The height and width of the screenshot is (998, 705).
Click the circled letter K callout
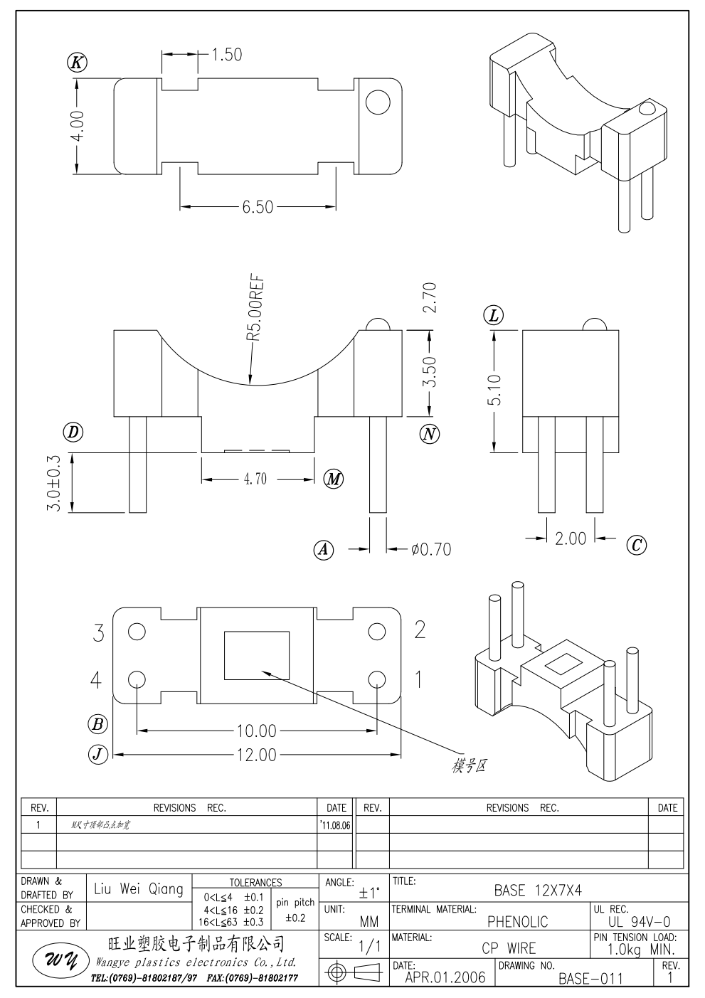(x=77, y=63)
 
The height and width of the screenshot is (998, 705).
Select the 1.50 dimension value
(x=227, y=54)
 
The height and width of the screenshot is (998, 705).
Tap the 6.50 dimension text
(x=257, y=207)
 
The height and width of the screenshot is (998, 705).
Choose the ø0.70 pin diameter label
(x=430, y=549)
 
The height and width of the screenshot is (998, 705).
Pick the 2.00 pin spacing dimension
(x=571, y=538)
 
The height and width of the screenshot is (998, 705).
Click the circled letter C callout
(x=636, y=545)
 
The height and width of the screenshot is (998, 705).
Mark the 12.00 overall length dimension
(x=256, y=755)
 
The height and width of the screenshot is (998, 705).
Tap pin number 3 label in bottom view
(x=99, y=632)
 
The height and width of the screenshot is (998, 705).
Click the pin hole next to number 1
(x=376, y=679)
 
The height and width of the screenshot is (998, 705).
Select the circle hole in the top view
(x=378, y=104)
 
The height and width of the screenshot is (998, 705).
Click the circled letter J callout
(x=97, y=754)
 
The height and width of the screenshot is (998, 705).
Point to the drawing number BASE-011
(x=590, y=978)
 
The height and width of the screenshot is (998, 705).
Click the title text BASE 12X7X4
(x=538, y=890)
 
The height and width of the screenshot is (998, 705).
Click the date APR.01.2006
(x=445, y=977)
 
